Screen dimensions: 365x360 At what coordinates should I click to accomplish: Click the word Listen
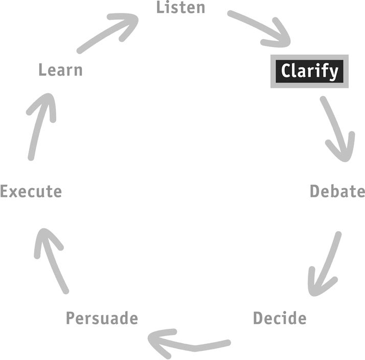pos(180,7)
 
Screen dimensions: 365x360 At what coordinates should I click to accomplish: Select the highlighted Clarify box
pos(309,71)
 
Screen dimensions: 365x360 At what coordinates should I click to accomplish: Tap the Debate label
pos(337,191)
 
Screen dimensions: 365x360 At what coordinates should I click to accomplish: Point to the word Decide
pos(280,318)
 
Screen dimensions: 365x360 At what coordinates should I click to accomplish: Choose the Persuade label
pos(102,318)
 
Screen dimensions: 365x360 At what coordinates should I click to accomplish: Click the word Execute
pos(31,191)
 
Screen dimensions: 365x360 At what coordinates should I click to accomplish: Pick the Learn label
pos(60,70)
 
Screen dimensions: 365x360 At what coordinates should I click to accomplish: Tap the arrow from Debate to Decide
pos(326,263)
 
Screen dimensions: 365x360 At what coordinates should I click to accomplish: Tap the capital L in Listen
pos(160,7)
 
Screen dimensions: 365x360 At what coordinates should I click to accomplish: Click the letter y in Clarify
pos(334,73)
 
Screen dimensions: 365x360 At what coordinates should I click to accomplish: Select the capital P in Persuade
pos(71,318)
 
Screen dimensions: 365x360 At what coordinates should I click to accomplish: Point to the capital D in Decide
pos(258,318)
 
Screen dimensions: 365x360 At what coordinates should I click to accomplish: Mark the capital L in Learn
pos(42,70)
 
